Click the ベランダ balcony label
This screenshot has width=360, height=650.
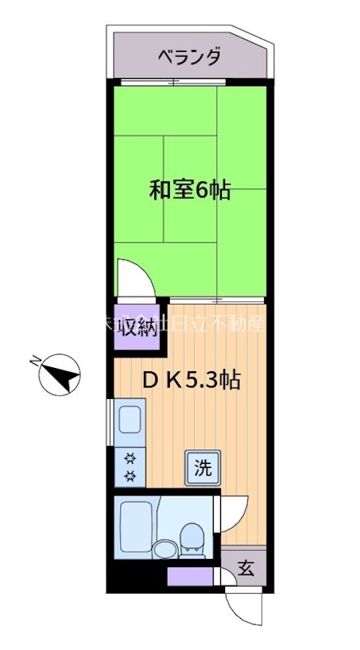(188, 57)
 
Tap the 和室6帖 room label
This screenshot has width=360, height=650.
(189, 191)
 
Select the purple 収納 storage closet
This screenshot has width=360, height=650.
(137, 327)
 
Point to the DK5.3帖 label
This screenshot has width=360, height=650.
(191, 380)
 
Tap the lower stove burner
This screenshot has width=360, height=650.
(129, 475)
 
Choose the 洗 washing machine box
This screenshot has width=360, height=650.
(203, 467)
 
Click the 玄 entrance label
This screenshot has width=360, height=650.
(246, 569)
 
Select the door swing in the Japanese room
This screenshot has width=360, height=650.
(132, 278)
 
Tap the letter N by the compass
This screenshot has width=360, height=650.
(35, 360)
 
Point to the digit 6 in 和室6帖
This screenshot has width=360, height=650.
(202, 192)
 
